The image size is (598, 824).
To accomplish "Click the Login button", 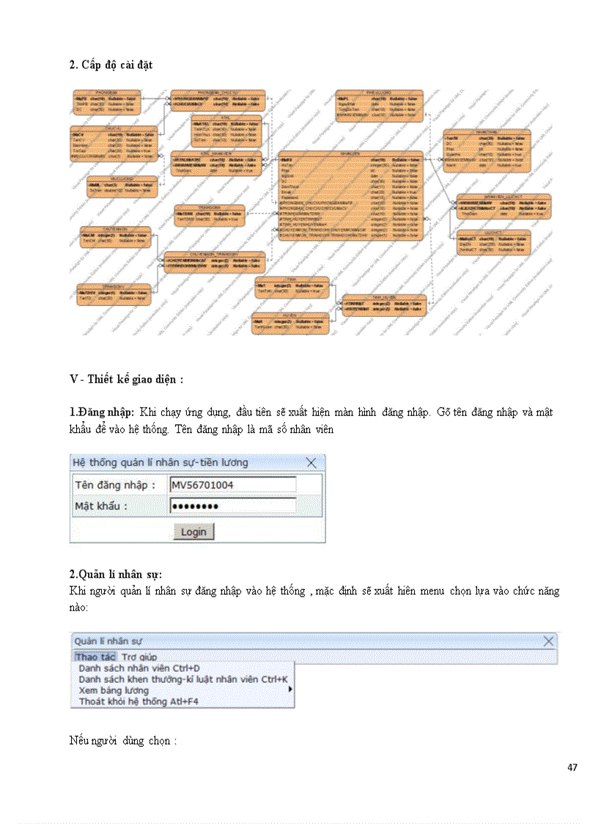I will [193, 531].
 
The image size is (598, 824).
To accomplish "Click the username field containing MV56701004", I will [232, 485].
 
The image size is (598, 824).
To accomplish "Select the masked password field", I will [232, 506].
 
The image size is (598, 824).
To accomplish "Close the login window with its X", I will [311, 462].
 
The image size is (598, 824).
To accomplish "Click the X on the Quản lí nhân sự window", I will [549, 641].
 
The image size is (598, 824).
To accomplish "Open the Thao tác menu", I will [95, 657].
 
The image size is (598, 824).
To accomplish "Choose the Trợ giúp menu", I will [139, 657].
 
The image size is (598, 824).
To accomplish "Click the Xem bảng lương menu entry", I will [114, 690].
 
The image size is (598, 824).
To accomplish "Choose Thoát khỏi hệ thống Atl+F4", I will [139, 701].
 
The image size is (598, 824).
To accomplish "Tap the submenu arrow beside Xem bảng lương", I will [290, 690].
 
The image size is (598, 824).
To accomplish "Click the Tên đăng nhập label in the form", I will [115, 485].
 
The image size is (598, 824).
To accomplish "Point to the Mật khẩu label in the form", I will [101, 506].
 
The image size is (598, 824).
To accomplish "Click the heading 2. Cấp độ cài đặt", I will [111, 65].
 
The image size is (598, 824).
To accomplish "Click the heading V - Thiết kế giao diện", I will [126, 379].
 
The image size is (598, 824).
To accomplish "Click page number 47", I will [572, 768].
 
